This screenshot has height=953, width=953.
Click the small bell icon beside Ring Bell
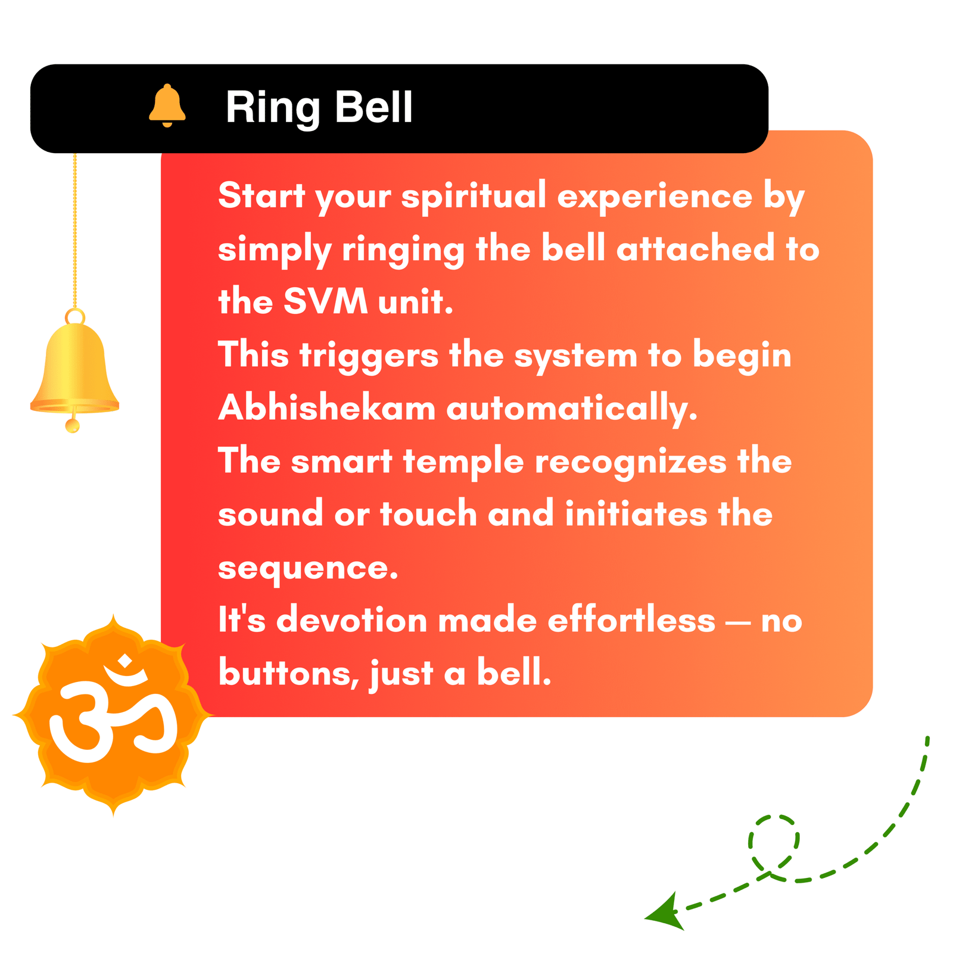click(x=167, y=105)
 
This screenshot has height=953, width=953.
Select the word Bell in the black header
click(x=373, y=107)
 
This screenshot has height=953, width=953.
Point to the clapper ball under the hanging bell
click(x=73, y=425)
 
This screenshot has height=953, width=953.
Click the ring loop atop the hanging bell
click(x=75, y=316)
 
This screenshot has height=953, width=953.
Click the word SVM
click(x=325, y=301)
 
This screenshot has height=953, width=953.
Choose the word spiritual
click(x=474, y=197)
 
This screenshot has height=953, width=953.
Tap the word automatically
click(x=572, y=409)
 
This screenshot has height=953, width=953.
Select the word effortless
click(x=631, y=619)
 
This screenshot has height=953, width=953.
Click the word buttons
click(x=289, y=674)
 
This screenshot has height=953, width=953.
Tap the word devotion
click(x=352, y=619)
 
